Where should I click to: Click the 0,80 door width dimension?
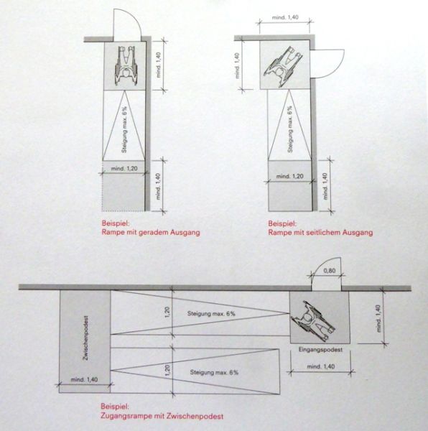[x=330, y=271]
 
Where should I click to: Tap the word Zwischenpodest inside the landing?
[x=86, y=338]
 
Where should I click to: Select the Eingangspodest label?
[x=320, y=350]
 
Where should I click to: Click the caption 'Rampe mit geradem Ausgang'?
[x=151, y=232]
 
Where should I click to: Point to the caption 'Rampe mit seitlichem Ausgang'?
[x=320, y=233]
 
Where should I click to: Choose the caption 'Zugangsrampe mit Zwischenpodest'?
[x=162, y=416]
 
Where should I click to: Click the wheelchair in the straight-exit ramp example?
[x=125, y=65]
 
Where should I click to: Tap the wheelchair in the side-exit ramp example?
[x=284, y=67]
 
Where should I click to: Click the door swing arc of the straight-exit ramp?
[x=134, y=17]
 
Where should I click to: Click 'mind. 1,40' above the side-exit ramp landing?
[x=285, y=17]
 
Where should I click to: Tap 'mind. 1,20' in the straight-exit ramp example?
[x=124, y=169]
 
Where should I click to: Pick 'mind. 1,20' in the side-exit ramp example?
[x=290, y=176]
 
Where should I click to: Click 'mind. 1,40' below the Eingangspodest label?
[x=321, y=366]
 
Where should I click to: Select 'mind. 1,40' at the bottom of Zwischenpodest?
[x=84, y=379]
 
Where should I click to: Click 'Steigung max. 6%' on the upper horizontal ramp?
[x=211, y=313]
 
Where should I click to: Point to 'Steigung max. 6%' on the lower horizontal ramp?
[x=214, y=372]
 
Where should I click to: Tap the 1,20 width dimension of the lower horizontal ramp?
[x=168, y=371]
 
